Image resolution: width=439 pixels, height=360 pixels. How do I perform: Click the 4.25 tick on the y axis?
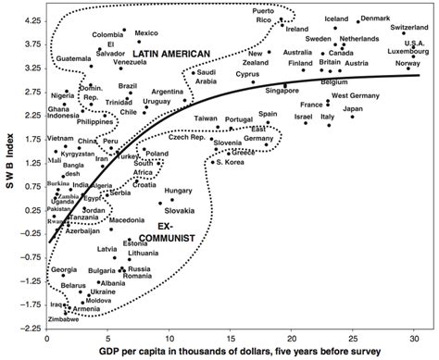click(30, 20)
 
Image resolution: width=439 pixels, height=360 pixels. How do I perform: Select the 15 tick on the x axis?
click(232, 337)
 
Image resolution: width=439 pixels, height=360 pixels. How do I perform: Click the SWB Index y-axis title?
click(8, 172)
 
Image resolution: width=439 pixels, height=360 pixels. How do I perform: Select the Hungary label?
click(178, 191)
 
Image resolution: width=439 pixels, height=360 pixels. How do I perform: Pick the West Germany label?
click(355, 96)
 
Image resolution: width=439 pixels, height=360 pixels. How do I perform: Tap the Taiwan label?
click(207, 119)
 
